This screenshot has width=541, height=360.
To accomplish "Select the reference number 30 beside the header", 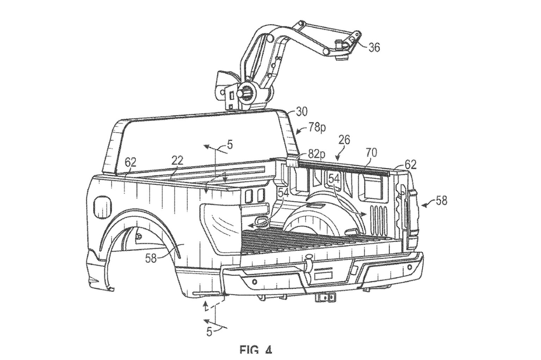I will point(301,112).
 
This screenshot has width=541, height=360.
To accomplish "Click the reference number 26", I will point(344,140).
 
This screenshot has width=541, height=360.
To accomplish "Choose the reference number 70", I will point(371,152).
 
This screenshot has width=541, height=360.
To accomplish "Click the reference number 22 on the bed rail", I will point(177,161).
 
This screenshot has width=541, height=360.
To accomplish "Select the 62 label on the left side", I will point(130,162).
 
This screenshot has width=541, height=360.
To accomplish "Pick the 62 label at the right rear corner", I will point(410,164).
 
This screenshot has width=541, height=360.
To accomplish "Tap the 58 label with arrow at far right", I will point(441,201).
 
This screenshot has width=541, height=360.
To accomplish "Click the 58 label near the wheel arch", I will point(151,259).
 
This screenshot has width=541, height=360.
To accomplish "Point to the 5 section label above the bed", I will point(229,145).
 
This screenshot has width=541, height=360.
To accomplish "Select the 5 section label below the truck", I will point(209,331).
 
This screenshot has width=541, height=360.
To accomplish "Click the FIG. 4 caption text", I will point(256,350).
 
